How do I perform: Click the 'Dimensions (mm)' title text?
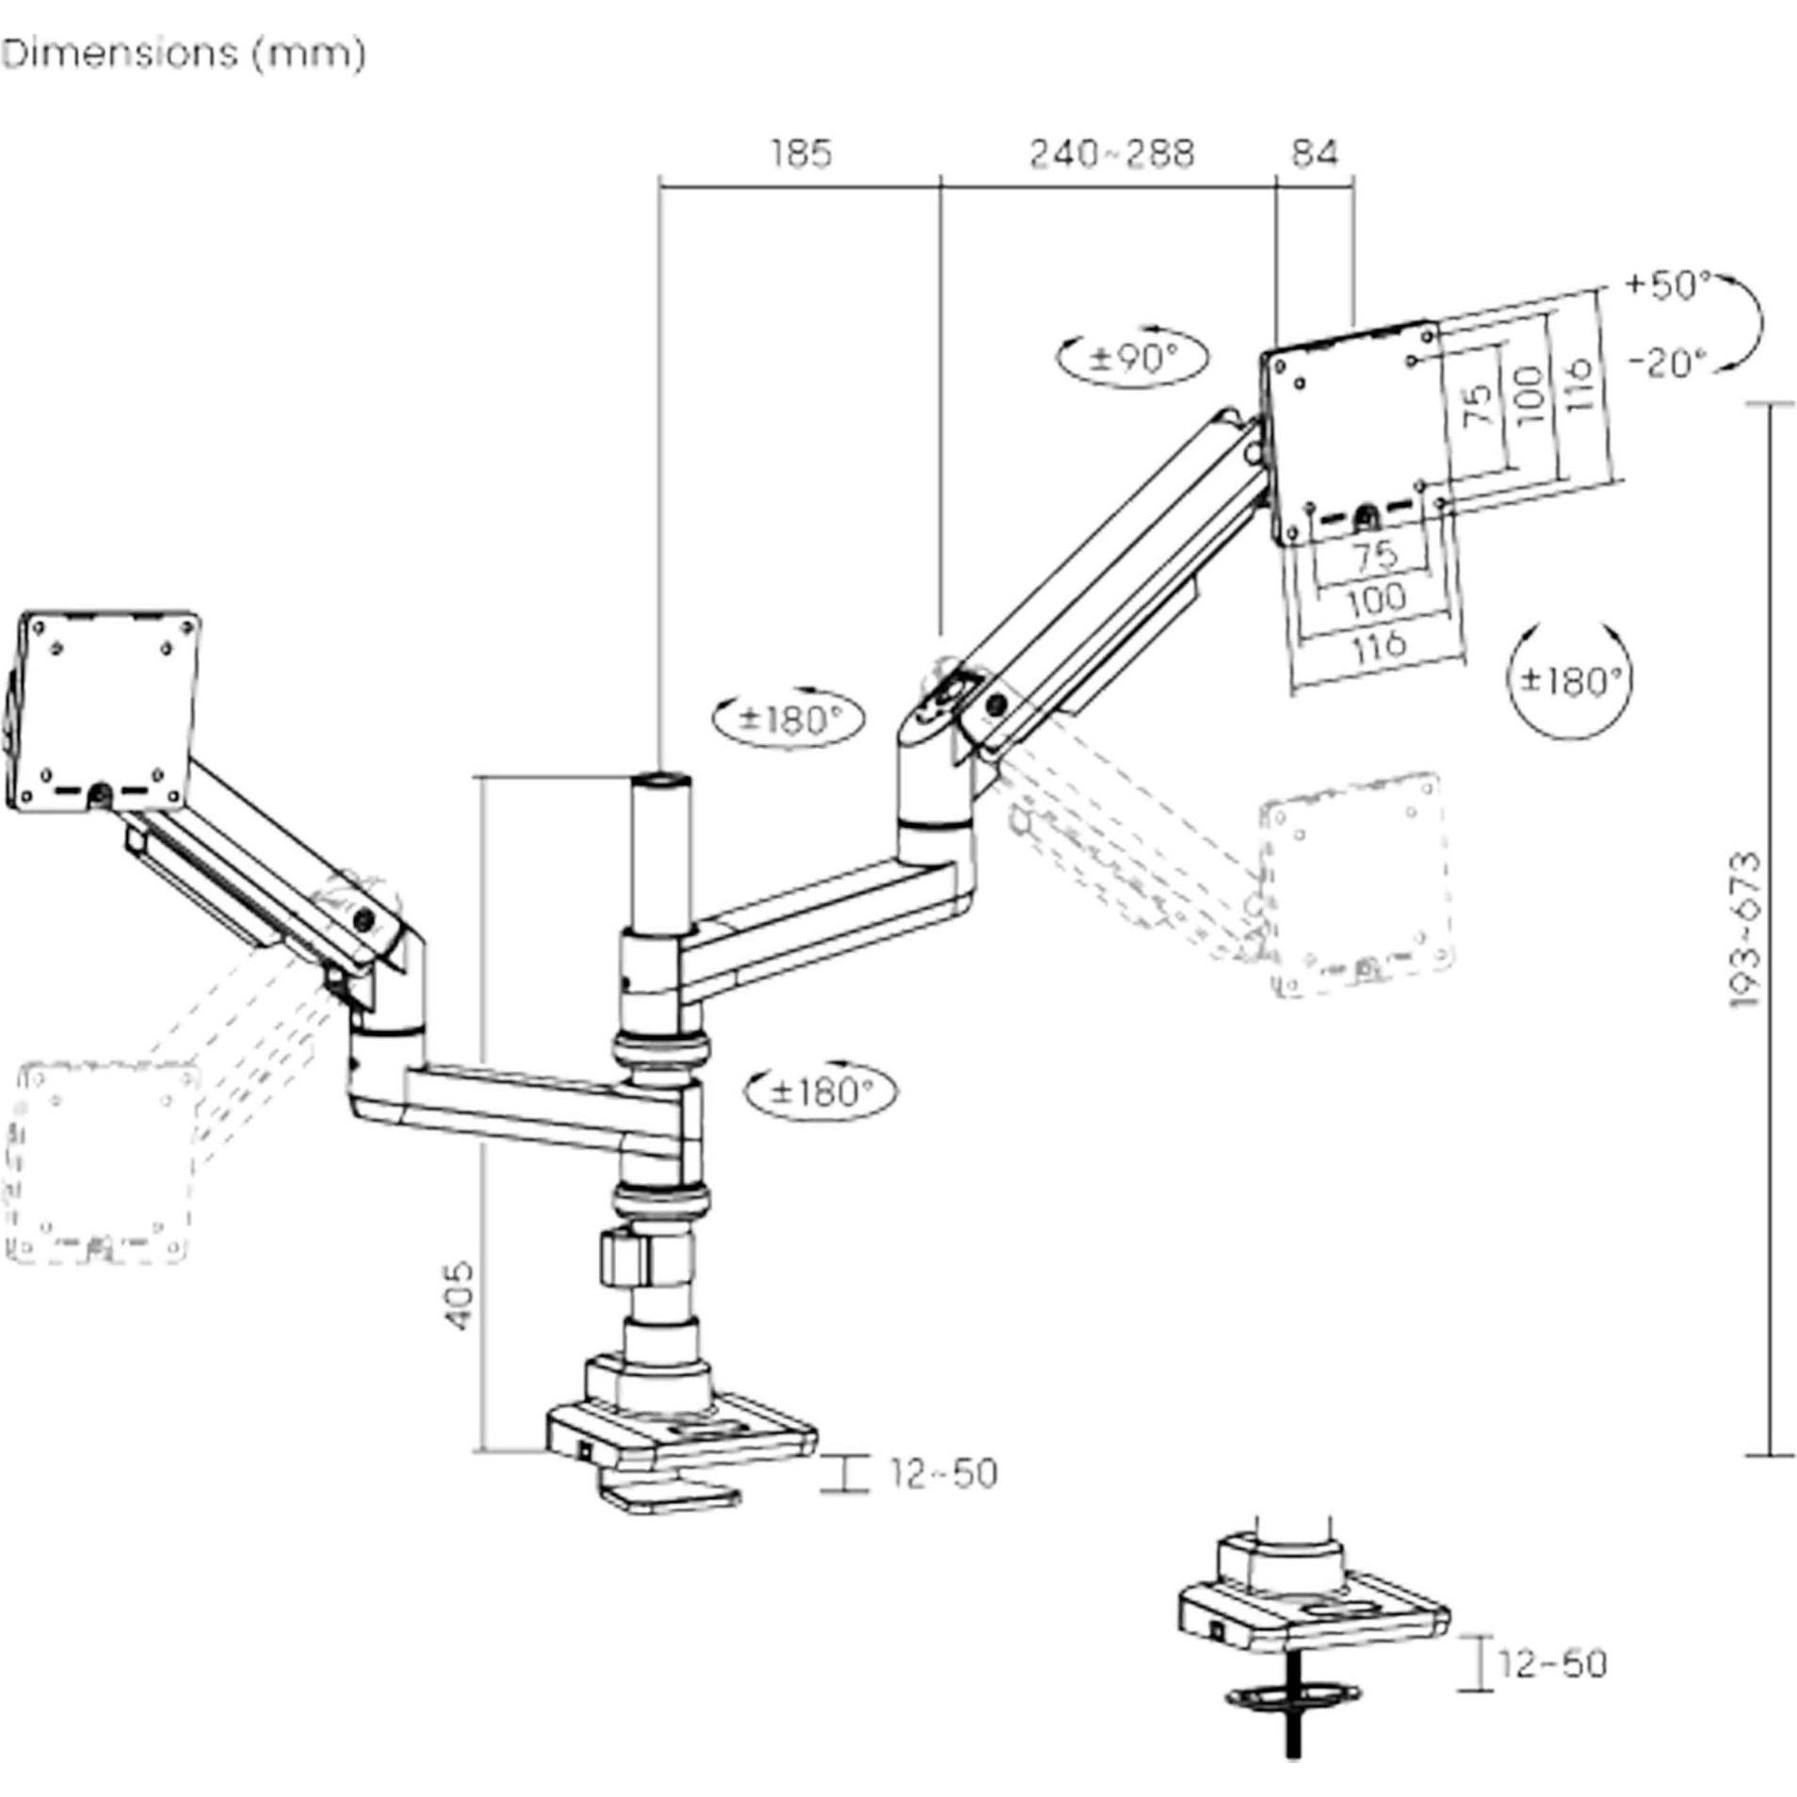click(x=184, y=54)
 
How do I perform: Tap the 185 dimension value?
click(x=801, y=153)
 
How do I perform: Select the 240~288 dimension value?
click(x=1110, y=153)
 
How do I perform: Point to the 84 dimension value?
click(x=1314, y=153)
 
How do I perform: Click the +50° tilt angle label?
click(x=1666, y=284)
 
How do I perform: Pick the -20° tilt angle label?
click(x=1668, y=363)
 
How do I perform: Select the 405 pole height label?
click(x=459, y=1295)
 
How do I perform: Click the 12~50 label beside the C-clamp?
click(x=943, y=1474)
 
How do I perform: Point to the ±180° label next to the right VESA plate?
click(x=1569, y=679)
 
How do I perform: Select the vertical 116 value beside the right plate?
click(x=1579, y=383)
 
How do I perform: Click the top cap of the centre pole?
click(x=660, y=780)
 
